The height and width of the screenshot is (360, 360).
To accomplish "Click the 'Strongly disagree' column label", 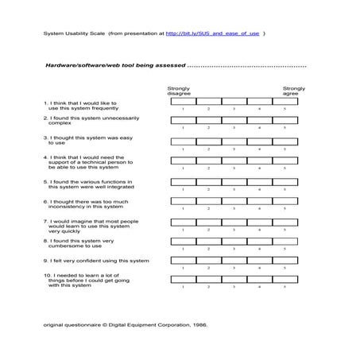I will pos(179,91).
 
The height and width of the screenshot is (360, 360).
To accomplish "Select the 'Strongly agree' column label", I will pos(294,91).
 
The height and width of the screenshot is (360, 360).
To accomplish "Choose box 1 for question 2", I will pos(184,122).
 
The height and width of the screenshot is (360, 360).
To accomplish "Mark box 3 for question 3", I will pos(234,141).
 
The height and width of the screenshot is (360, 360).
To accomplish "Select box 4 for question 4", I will pos(259,161).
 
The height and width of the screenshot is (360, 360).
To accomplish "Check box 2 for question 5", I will pos(209,182).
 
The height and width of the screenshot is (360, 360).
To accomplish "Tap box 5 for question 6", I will pos(285,202).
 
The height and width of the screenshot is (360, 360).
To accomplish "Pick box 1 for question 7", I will pos(184,223).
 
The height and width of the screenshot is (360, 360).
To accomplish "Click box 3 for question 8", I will pos(234,242).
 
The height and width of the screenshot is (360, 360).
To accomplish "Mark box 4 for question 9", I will pos(259,261).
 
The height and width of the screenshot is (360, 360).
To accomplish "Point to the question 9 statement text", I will pos(96,261).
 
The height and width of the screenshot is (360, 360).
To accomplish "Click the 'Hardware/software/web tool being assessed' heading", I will pos(114,64).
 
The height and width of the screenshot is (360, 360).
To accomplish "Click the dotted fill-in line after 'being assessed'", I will pos(246,65).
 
